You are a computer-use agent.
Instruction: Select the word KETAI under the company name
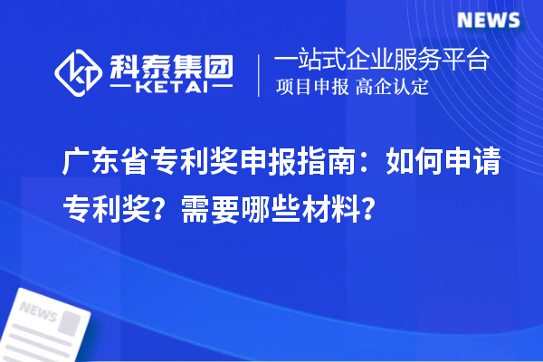171,90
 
